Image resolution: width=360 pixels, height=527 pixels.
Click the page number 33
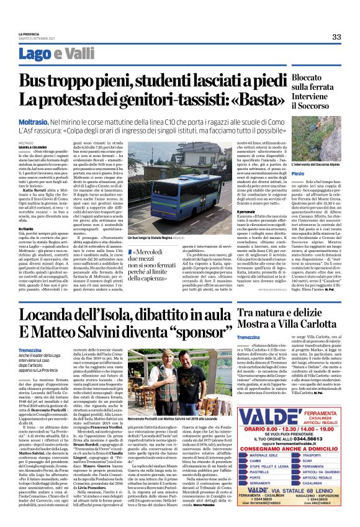coord(336,37)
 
